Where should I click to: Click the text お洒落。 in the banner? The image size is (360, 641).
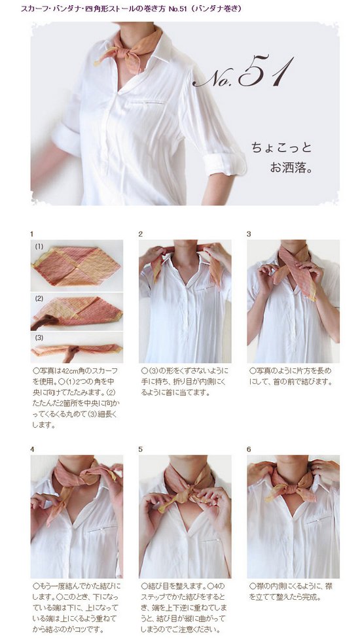(291, 167)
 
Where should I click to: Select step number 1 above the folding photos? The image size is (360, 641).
(31, 234)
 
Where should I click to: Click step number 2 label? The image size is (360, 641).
(140, 234)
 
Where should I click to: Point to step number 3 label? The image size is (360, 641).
(249, 234)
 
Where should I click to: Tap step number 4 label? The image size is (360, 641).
(32, 449)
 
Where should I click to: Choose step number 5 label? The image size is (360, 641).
(140, 449)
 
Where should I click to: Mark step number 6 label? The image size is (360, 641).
(249, 449)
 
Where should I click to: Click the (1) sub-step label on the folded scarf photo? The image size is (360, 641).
(39, 247)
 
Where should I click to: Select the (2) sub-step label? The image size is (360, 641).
(39, 298)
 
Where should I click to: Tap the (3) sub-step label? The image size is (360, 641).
(39, 338)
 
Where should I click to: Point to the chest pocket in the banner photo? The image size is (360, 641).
(148, 102)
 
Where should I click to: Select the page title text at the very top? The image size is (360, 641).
(131, 8)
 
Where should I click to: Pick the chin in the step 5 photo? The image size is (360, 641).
(186, 459)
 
